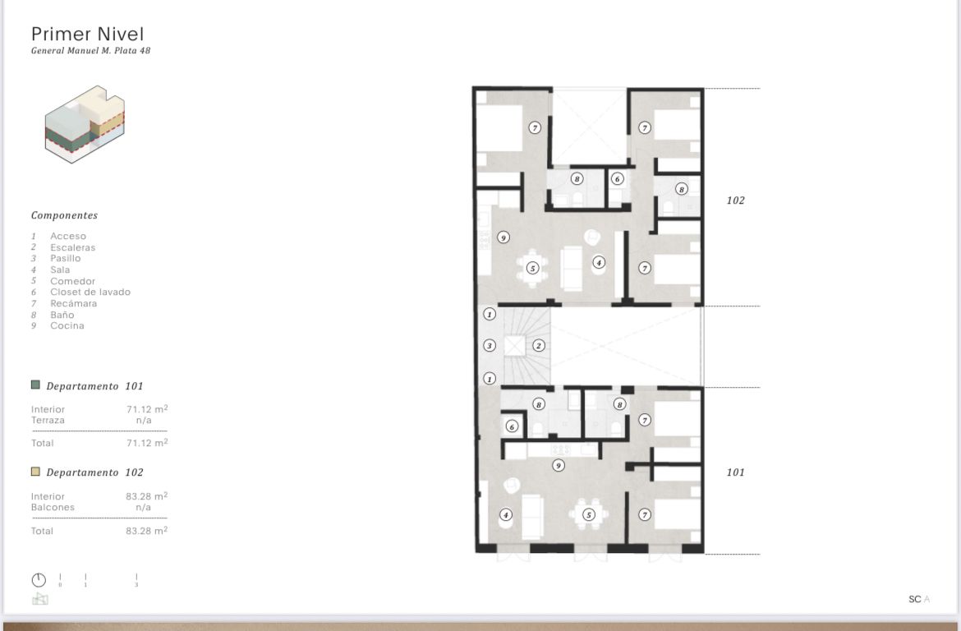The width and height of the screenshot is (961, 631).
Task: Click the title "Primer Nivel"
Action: [88, 35]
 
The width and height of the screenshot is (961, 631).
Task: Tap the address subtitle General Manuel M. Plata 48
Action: [90, 51]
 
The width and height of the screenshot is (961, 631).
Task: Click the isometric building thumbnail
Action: [85, 125]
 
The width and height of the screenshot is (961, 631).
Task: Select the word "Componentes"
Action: [64, 215]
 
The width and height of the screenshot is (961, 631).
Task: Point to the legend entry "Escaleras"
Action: [73, 248]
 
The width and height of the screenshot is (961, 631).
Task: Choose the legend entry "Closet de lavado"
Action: [90, 292]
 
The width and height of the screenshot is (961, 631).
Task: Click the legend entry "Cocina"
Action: [67, 325]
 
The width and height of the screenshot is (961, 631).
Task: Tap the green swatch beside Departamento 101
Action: [35, 385]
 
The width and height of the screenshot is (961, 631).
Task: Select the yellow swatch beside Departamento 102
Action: [35, 472]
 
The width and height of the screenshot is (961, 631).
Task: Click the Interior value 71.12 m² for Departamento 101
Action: [147, 409]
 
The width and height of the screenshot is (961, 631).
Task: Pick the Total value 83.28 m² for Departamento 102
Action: [146, 531]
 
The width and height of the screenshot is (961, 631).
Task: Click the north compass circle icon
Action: [39, 580]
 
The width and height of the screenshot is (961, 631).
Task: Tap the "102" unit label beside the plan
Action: [735, 200]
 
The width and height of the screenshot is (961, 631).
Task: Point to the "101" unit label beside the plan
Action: [735, 472]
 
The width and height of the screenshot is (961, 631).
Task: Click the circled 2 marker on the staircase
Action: [539, 346]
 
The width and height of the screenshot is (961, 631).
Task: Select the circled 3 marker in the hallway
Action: [489, 346]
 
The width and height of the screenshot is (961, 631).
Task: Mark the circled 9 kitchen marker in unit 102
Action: [503, 237]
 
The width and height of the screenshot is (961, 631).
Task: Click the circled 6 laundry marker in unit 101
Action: [512, 426]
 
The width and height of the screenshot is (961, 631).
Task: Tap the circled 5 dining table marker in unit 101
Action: [588, 514]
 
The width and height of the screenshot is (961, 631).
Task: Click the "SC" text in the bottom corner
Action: [914, 599]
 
